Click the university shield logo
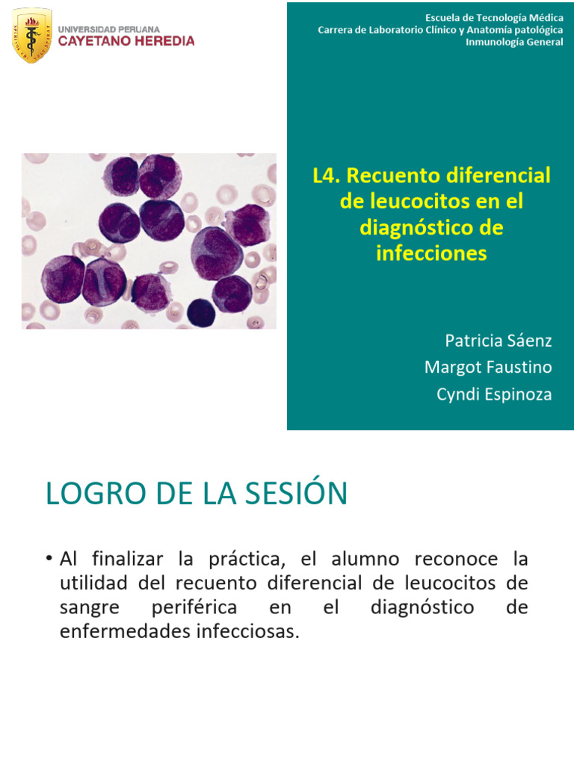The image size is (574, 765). (x=32, y=35)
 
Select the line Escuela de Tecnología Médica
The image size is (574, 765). (x=494, y=17)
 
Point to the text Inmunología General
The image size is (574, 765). (x=514, y=42)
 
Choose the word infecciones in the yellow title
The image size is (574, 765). (x=431, y=253)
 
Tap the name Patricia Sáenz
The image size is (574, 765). (x=499, y=341)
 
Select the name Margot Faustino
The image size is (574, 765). (x=488, y=368)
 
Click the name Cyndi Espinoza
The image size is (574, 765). (x=494, y=394)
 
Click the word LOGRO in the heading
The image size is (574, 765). (x=86, y=494)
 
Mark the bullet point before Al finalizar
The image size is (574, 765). (x=49, y=559)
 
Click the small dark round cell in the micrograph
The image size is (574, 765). (x=200, y=312)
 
